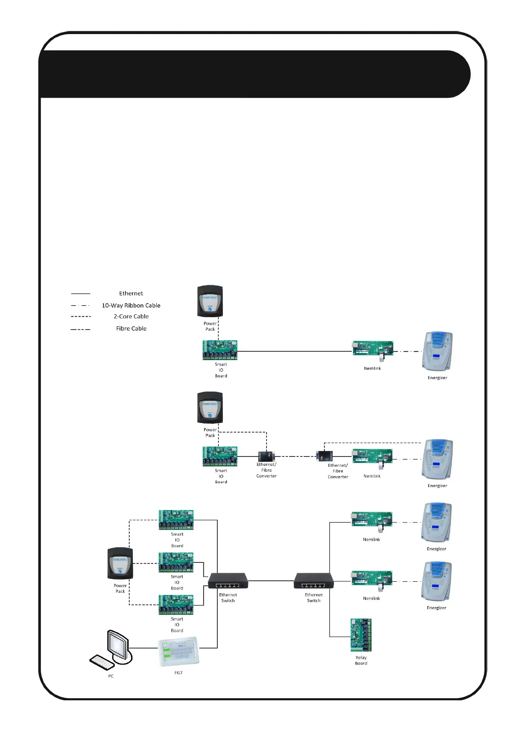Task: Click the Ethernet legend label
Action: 131,293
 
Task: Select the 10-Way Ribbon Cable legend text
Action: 131,305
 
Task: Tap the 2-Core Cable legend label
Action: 131,316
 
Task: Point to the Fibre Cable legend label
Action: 131,328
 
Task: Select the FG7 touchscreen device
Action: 179,651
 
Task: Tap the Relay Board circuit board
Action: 361,635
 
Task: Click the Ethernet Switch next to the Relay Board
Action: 314,580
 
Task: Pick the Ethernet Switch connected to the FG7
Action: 228,580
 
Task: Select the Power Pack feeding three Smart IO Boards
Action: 120,563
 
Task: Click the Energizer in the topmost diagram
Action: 438,351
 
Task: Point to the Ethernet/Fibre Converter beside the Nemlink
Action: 325,456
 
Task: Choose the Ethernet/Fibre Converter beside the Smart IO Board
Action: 266,456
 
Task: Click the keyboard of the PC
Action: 101,662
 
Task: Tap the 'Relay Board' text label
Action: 361,661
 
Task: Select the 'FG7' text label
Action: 178,672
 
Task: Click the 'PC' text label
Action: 111,676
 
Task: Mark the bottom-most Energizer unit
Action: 437,581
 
